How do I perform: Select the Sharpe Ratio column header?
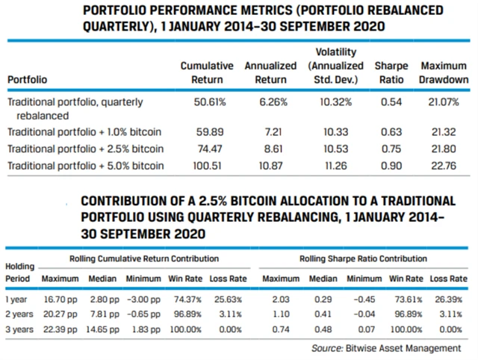tap(391, 72)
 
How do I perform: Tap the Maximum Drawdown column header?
tap(444, 72)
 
